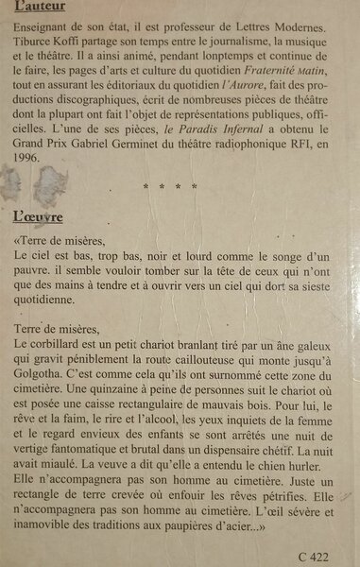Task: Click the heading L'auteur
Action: coord(39,10)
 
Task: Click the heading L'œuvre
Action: coord(37,215)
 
